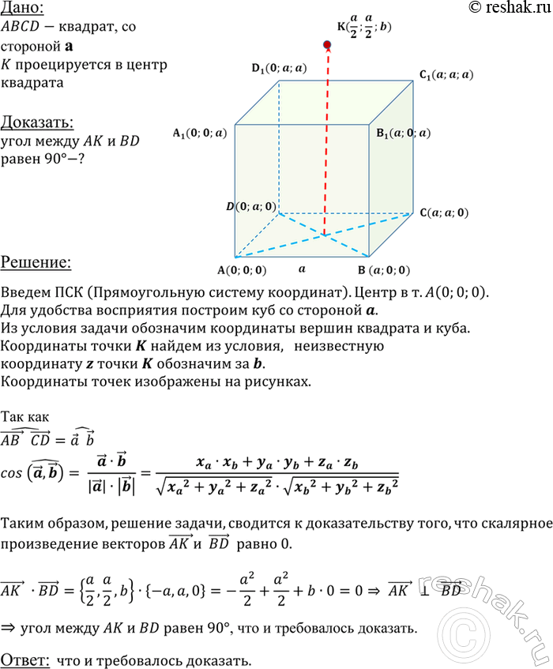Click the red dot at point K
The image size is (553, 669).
point(326,47)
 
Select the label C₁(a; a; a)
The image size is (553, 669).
point(447,76)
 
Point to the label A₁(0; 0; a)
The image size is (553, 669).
point(199,133)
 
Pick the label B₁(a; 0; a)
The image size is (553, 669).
point(404,133)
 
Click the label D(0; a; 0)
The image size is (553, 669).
point(250,207)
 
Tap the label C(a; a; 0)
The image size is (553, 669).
point(443,212)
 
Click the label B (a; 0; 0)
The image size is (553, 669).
point(382,269)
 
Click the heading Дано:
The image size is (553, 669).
point(22,9)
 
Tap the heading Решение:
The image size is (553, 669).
point(36,261)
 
